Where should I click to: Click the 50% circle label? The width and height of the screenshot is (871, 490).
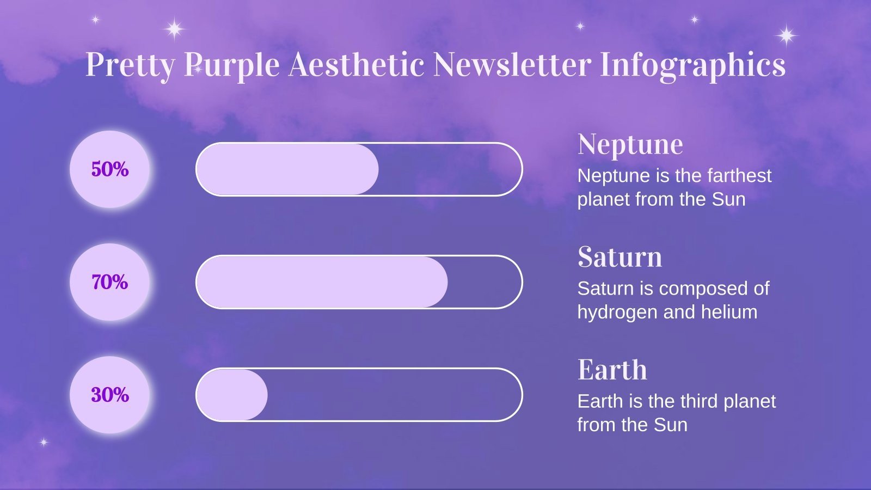tap(109, 169)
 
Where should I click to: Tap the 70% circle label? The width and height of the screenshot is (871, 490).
tap(109, 282)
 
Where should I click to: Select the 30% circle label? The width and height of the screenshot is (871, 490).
tap(109, 395)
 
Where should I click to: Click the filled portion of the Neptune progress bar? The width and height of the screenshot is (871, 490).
tap(287, 169)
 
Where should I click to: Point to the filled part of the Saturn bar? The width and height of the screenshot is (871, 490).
tap(321, 282)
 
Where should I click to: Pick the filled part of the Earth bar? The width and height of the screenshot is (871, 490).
tap(231, 395)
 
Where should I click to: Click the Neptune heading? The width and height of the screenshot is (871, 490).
tap(630, 144)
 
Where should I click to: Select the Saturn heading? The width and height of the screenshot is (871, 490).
tap(619, 257)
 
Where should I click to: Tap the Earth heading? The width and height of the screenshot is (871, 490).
tap(612, 370)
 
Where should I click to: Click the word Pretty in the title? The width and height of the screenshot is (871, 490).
tap(130, 65)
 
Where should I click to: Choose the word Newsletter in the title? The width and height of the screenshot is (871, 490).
tap(512, 65)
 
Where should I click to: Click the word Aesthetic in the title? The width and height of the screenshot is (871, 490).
tap(356, 65)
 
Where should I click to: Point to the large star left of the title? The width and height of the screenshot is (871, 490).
tap(174, 28)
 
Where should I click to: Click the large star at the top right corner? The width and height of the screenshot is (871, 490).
tap(786, 36)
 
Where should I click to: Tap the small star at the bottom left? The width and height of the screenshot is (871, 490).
tap(44, 442)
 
